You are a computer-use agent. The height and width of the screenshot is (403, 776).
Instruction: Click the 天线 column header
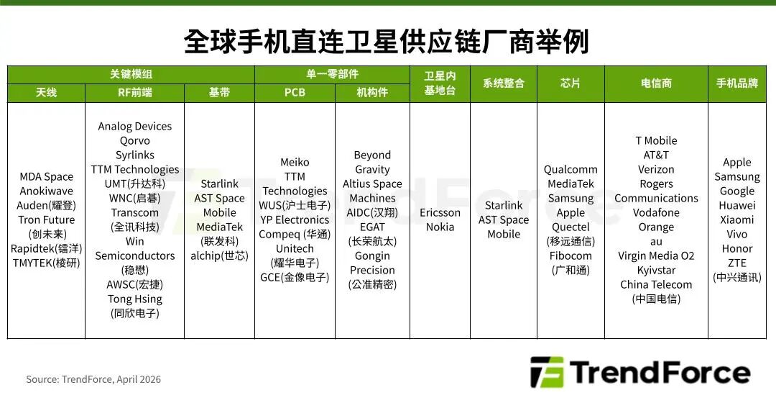(46, 93)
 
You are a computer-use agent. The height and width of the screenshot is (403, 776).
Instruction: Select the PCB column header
(295, 93)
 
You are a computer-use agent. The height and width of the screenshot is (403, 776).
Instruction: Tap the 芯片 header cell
(571, 83)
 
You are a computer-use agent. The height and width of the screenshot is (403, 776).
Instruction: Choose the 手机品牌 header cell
(737, 83)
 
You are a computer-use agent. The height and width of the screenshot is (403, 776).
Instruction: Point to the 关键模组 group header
(131, 74)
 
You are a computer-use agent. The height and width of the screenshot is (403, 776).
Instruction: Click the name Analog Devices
(135, 127)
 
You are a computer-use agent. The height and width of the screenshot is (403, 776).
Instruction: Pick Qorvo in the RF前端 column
(135, 141)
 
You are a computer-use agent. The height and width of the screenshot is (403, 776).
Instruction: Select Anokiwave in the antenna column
(46, 191)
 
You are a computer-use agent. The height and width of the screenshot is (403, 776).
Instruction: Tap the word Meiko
(295, 163)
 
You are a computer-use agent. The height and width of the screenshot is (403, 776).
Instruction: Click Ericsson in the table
(440, 213)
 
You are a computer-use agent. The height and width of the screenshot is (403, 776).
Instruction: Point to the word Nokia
(440, 227)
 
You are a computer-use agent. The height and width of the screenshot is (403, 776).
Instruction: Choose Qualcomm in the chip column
(571, 170)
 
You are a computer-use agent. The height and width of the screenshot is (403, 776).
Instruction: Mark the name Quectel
(571, 227)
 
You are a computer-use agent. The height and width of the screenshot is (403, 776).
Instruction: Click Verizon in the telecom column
(656, 170)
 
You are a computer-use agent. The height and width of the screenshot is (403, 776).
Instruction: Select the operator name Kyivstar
(656, 271)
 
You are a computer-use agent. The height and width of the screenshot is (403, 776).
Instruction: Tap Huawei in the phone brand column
(737, 206)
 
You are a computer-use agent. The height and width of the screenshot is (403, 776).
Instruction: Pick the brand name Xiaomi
(737, 220)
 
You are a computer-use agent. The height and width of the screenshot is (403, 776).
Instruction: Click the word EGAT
(372, 227)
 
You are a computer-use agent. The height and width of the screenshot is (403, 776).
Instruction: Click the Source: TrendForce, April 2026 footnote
(93, 379)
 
